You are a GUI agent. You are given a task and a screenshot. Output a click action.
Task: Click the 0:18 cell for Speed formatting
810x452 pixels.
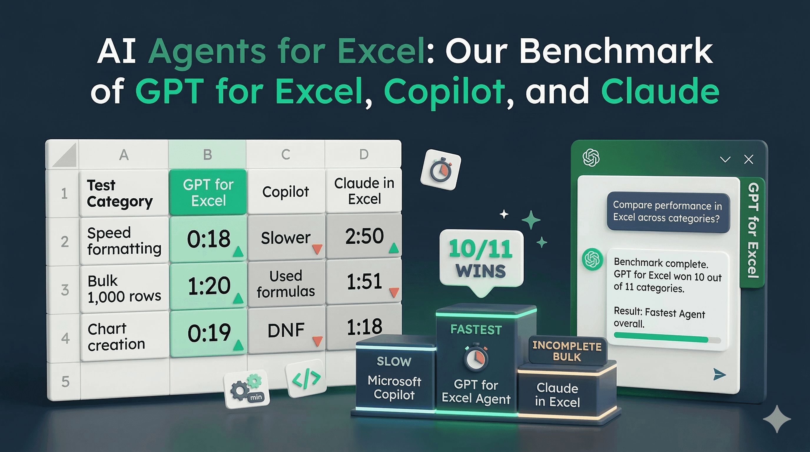coord(208,239)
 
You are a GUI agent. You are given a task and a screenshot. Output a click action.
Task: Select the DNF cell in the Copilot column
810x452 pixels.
coord(286,330)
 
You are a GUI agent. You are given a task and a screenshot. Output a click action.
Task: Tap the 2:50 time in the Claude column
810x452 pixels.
coord(364,236)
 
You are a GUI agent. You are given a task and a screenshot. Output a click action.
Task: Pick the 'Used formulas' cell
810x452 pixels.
coord(286,283)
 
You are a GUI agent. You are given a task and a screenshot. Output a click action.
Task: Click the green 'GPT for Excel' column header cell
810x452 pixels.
coord(208,192)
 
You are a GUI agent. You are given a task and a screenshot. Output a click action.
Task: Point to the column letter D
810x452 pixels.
coord(364,154)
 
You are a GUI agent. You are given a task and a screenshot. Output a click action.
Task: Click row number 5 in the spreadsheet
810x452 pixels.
coord(65,382)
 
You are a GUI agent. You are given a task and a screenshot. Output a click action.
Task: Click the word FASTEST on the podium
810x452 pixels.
coord(476,330)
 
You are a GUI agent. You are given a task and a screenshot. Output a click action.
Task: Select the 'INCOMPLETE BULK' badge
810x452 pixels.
coord(567,351)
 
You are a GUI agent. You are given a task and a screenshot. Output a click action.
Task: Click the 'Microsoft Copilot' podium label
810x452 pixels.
coord(394,388)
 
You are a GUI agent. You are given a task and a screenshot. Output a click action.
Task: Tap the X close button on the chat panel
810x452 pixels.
coord(749,159)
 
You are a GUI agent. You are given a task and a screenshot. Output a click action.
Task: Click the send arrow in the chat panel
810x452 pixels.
coord(719,374)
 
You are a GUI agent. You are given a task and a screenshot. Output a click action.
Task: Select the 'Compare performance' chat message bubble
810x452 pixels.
coord(667,212)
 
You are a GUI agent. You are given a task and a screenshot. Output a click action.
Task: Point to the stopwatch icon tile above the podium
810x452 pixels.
coord(441,170)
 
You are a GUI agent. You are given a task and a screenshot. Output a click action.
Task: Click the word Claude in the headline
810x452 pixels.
coord(660,91)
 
